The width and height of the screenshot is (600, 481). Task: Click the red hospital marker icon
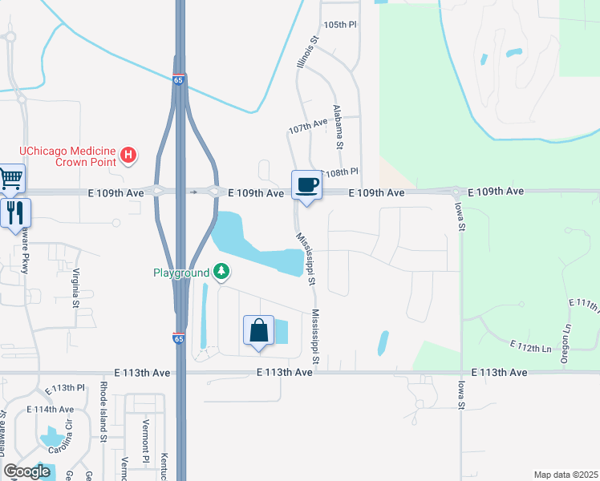[x=128, y=155]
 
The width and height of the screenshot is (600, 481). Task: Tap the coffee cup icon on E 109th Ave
[x=306, y=184]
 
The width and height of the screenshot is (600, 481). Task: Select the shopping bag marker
[x=258, y=331]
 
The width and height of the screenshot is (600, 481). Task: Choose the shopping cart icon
[x=10, y=178]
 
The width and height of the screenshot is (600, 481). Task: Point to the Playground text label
[x=181, y=273]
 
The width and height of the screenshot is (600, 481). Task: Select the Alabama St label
[x=338, y=127]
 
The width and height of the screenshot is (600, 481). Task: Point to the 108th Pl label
[x=340, y=172]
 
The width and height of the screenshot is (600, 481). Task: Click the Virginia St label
[x=77, y=287]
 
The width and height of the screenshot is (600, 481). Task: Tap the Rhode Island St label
[x=103, y=411]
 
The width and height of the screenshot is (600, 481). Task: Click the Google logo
[x=27, y=471]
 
